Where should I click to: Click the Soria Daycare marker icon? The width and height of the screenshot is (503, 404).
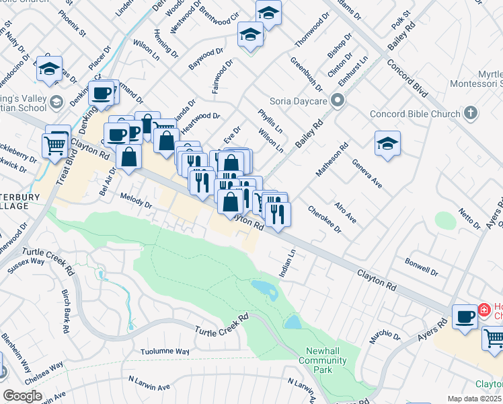coord(338,101)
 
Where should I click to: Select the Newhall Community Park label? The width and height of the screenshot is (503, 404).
coord(326,356)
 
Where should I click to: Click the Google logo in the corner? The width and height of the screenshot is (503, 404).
coord(22,396)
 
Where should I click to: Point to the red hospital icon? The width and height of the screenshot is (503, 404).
coord(483,310)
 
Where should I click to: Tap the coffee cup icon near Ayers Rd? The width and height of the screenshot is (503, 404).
coord(464,316)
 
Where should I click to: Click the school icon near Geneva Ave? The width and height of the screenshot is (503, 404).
coord(387,143)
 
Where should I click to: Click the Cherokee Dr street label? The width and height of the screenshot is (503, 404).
coord(325,219)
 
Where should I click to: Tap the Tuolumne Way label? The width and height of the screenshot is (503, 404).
coord(165,351)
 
